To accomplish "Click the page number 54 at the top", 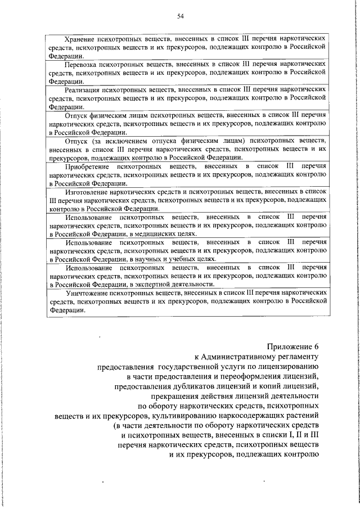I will tap(180, 16).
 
